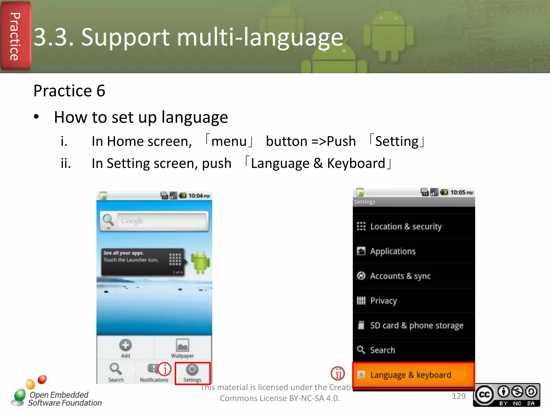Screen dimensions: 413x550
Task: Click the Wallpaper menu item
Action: coord(182,348)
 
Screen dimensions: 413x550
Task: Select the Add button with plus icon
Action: coord(125,348)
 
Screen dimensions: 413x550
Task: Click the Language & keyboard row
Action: coord(414,375)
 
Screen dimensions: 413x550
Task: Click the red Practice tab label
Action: coord(15,36)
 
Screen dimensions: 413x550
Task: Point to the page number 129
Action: coord(459,396)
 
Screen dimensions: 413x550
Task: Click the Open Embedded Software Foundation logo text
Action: coord(64,399)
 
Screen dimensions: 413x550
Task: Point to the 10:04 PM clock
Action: coord(199,196)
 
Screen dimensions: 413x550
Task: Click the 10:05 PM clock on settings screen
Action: coord(461,193)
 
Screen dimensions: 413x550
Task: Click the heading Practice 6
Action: coord(69,91)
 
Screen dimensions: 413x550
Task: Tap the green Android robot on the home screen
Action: coord(200,262)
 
